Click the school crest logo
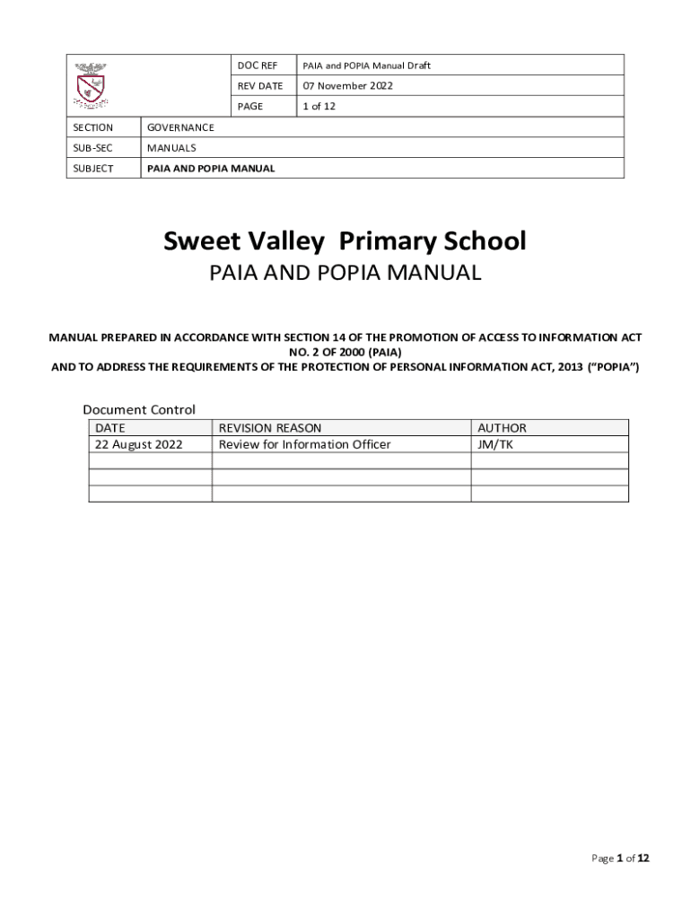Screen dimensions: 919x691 click(90, 85)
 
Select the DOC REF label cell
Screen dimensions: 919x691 click(257, 66)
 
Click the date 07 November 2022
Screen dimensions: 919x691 click(347, 86)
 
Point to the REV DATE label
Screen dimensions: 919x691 click(259, 86)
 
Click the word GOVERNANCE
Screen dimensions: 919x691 click(180, 127)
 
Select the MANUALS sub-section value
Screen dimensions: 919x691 click(171, 148)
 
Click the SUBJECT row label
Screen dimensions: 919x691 click(93, 169)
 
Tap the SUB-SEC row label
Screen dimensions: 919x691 click(92, 148)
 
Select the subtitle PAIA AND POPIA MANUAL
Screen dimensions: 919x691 click(345, 273)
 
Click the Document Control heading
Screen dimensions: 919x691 click(139, 409)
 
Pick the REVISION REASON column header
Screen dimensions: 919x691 click(270, 428)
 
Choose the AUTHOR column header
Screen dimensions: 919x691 click(502, 428)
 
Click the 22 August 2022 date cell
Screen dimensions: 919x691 click(139, 444)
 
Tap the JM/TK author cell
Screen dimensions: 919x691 click(495, 444)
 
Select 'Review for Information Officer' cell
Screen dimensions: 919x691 click(305, 444)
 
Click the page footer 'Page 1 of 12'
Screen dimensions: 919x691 click(619, 859)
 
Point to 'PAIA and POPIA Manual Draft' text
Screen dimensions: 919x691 click(366, 66)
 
